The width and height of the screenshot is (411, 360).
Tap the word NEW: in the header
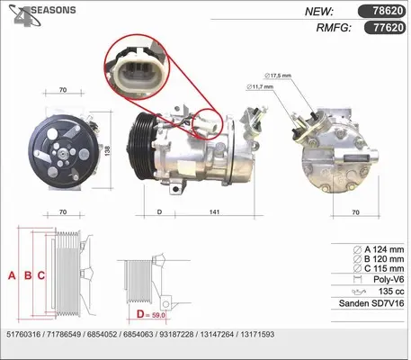coord(320,13)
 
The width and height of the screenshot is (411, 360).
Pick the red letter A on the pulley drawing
coord(12,276)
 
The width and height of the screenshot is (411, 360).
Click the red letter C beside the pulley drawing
coord(41,276)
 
